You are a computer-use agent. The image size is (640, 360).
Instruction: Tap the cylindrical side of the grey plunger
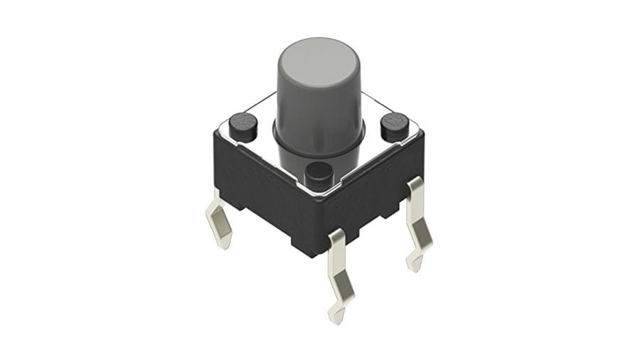pyautogui.click(x=318, y=107)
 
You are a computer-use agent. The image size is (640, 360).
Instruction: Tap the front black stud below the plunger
pyautogui.click(x=319, y=173)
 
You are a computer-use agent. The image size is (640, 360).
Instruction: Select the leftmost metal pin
pyautogui.click(x=220, y=221)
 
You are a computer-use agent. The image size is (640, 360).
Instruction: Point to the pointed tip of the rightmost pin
pyautogui.click(x=412, y=267)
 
